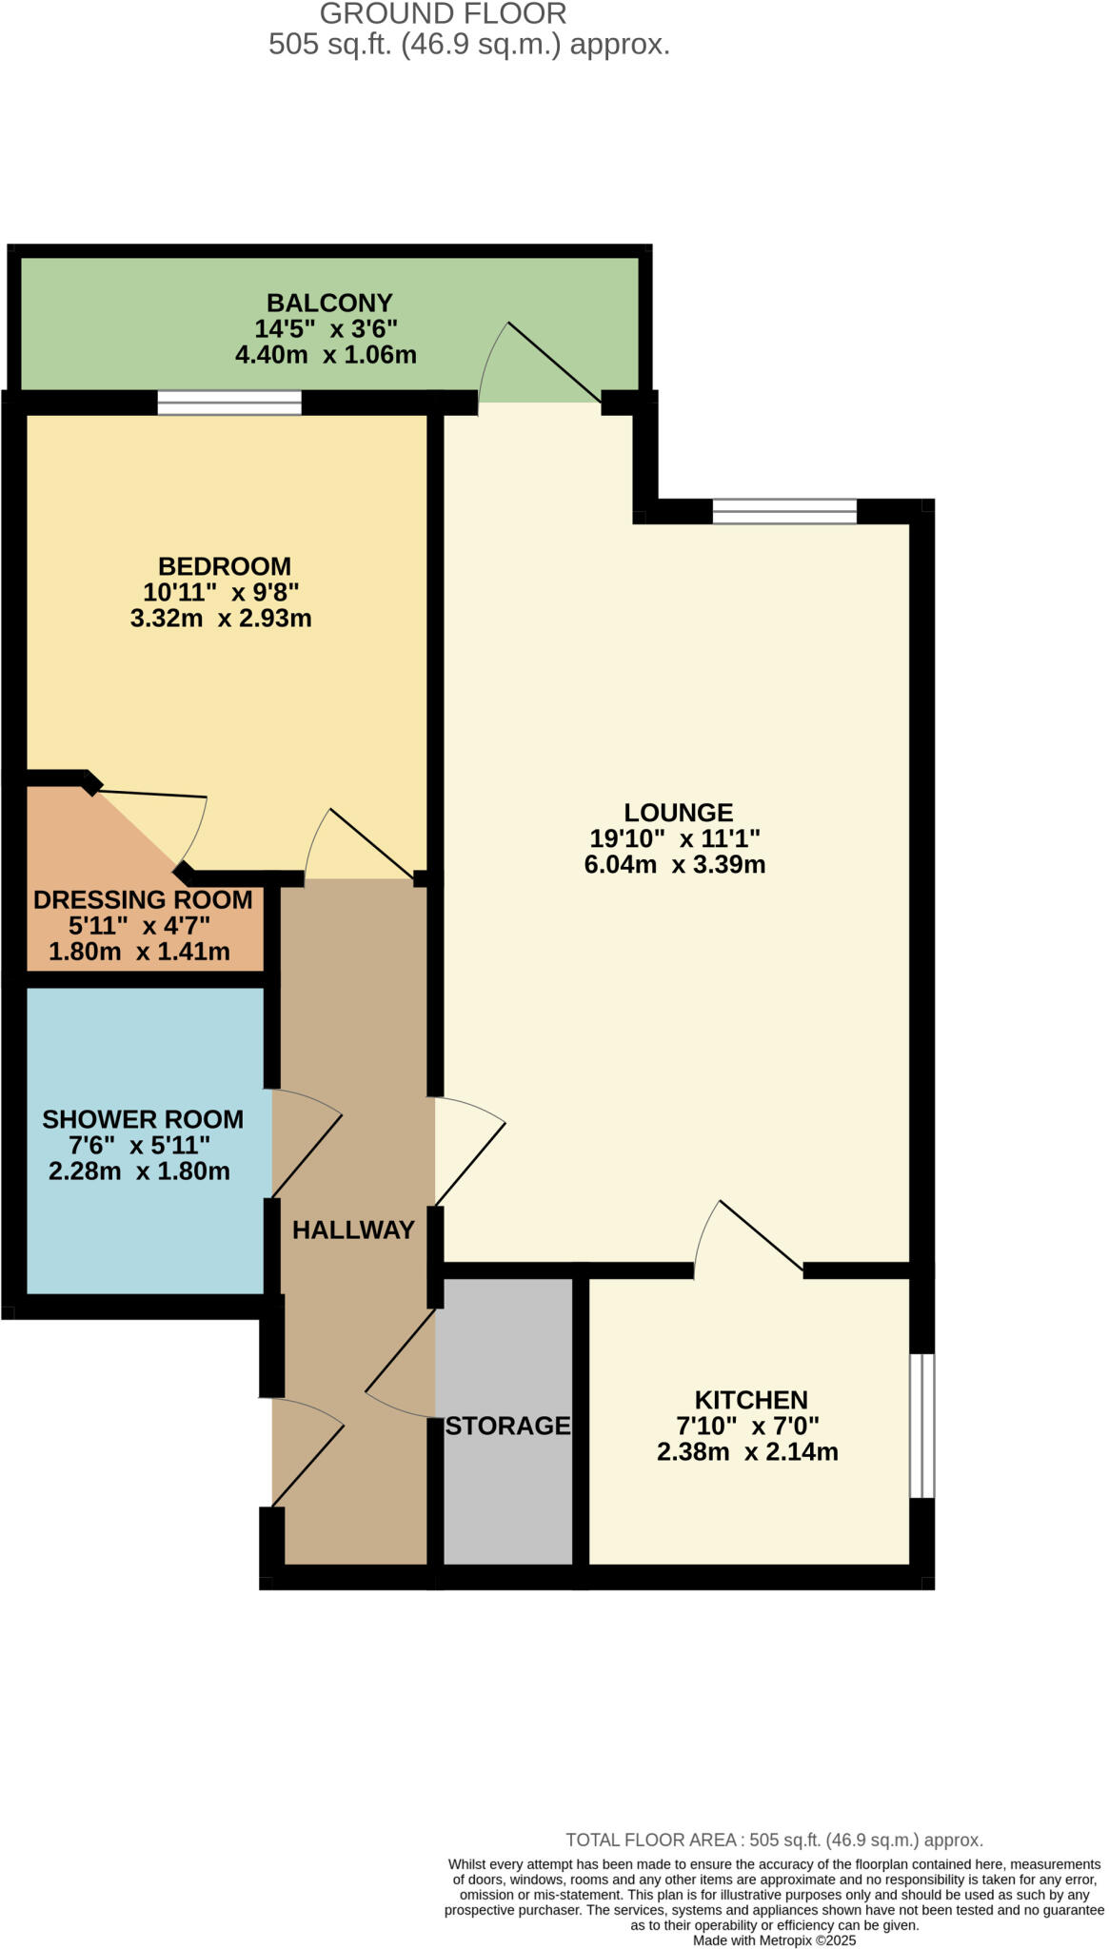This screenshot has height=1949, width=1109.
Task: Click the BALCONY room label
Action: point(329,303)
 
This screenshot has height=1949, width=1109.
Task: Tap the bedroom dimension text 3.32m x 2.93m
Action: point(221,618)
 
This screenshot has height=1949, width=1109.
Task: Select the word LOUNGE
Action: point(678,812)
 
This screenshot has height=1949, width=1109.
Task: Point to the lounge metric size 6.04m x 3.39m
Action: point(675,864)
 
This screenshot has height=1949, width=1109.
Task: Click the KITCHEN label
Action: point(751,1399)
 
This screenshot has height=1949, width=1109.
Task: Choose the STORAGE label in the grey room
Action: point(507,1425)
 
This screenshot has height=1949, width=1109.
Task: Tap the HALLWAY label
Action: point(353,1230)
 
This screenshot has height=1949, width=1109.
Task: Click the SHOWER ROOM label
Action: point(143,1119)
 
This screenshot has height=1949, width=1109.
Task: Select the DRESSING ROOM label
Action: point(143,899)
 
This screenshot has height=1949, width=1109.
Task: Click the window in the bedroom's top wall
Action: point(229,403)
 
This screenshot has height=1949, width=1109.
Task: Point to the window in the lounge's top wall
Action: point(784,512)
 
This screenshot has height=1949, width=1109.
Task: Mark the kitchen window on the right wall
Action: point(921,1425)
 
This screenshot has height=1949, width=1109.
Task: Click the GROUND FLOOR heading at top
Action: point(443,14)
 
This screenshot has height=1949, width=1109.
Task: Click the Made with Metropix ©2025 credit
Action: point(774,1940)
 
